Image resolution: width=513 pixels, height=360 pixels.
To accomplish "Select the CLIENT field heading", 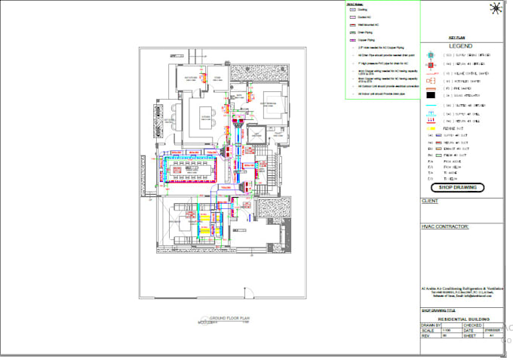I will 430,202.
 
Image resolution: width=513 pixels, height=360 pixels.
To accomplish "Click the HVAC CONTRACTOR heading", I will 444,226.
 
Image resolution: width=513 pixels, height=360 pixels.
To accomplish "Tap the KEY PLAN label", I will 457,35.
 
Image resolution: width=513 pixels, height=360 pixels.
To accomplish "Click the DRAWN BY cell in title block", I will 431,325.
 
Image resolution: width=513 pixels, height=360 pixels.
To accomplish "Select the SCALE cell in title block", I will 428,331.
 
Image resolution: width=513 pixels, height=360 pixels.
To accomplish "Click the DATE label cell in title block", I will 468,331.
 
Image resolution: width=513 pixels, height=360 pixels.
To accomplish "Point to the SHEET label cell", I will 469,336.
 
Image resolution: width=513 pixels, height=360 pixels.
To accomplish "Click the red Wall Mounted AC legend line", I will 351,26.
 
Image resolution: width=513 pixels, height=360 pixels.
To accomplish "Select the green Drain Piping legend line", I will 351,32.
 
